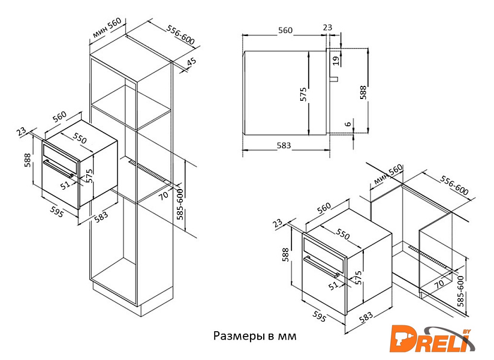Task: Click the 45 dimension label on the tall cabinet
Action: tap(192, 61)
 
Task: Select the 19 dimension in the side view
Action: tap(336, 60)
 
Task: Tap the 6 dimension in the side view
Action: tap(348, 124)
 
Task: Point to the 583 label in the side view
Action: tap(284, 145)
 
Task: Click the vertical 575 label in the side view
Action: tap(303, 94)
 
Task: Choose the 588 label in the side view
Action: tap(363, 92)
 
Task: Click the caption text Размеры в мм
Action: tap(255, 336)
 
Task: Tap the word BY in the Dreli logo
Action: tap(466, 331)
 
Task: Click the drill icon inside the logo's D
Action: tap(399, 340)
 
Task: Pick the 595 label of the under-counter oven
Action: tap(319, 316)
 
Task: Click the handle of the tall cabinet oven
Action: tap(59, 169)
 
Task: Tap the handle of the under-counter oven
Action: tap(321, 266)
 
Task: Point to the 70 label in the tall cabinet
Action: tap(163, 196)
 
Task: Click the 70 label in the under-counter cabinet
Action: tap(439, 283)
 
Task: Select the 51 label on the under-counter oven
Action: tap(333, 285)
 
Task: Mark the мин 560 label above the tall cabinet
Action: tap(107, 28)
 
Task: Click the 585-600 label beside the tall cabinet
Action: tap(180, 204)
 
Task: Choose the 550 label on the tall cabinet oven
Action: tap(80, 138)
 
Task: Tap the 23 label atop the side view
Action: tap(328, 28)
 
